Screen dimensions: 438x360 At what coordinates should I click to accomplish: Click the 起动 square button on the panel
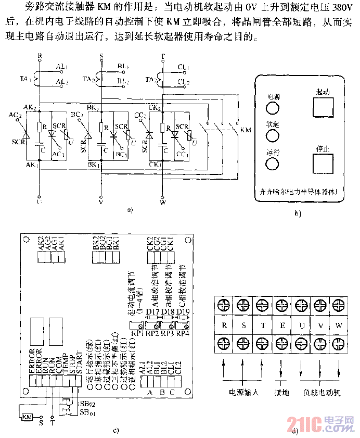[323, 106]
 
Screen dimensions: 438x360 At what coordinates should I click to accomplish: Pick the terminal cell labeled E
[281, 326]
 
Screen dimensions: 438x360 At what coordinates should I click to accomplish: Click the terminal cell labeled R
[224, 326]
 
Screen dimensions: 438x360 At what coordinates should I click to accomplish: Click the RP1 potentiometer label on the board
[137, 333]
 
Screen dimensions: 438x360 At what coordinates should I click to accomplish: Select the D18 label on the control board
[168, 312]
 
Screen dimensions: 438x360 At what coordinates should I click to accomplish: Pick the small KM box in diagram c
[28, 417]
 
